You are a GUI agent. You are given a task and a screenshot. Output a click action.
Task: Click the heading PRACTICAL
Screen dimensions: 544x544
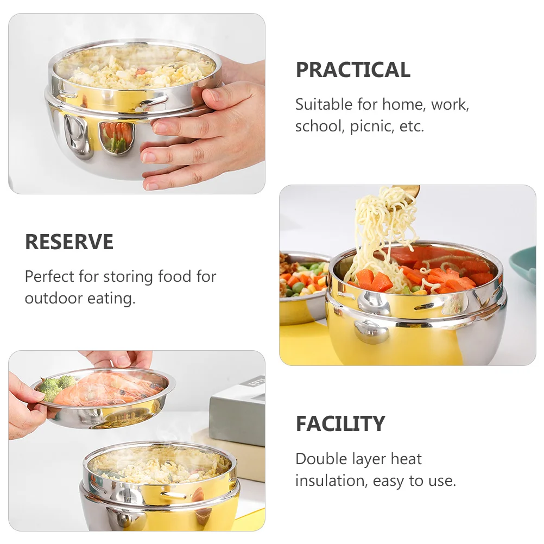[353, 70]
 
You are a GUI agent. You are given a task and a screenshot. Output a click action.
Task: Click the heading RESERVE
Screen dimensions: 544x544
[69, 242]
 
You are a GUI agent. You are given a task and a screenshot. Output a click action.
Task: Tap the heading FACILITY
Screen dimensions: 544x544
[340, 423]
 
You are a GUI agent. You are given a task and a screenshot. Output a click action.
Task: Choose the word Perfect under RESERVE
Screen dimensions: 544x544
[49, 276]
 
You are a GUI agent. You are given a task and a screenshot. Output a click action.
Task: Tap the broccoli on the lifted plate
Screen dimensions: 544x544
[55, 386]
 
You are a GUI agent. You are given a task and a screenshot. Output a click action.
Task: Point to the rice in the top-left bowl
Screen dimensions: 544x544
[136, 68]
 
